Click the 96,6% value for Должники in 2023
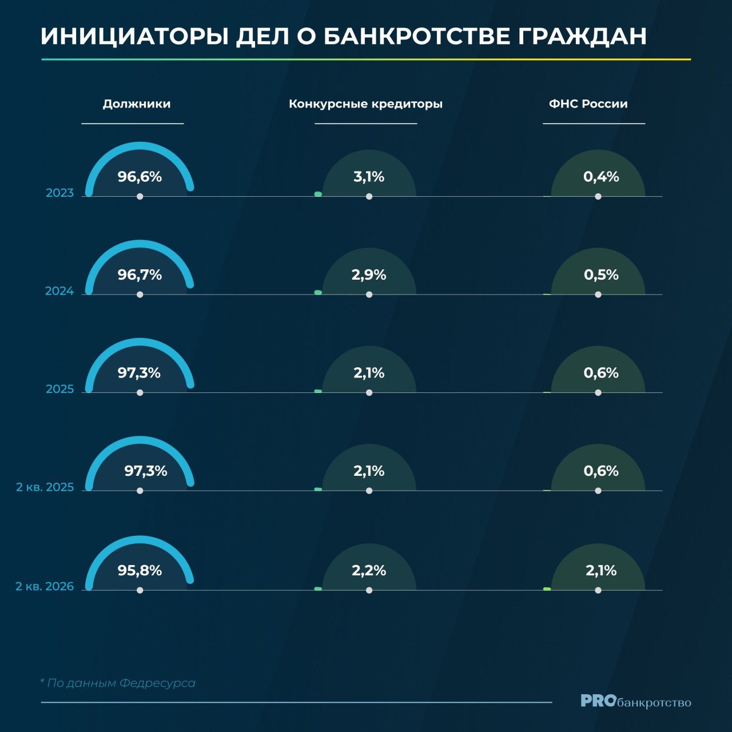pyautogui.click(x=140, y=177)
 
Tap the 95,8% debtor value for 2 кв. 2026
pyautogui.click(x=140, y=570)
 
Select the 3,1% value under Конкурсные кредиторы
pyautogui.click(x=368, y=177)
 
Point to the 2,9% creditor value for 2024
pyautogui.click(x=368, y=274)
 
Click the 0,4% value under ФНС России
pyautogui.click(x=601, y=177)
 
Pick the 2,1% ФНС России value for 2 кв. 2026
pyautogui.click(x=601, y=570)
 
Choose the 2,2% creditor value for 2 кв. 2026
pyautogui.click(x=368, y=570)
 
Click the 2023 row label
pyautogui.click(x=59, y=193)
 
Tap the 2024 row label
pyautogui.click(x=59, y=291)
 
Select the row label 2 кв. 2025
pyautogui.click(x=45, y=487)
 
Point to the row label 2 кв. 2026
pyautogui.click(x=45, y=587)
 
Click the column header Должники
pyautogui.click(x=136, y=104)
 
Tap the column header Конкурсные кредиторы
pyautogui.click(x=365, y=104)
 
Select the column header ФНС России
pyautogui.click(x=588, y=104)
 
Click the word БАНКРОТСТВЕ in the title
pyautogui.click(x=417, y=37)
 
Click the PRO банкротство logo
pyautogui.click(x=635, y=701)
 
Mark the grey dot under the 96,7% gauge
pyautogui.click(x=140, y=295)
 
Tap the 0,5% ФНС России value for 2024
pyautogui.click(x=601, y=274)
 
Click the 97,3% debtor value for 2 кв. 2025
pyautogui.click(x=145, y=471)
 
